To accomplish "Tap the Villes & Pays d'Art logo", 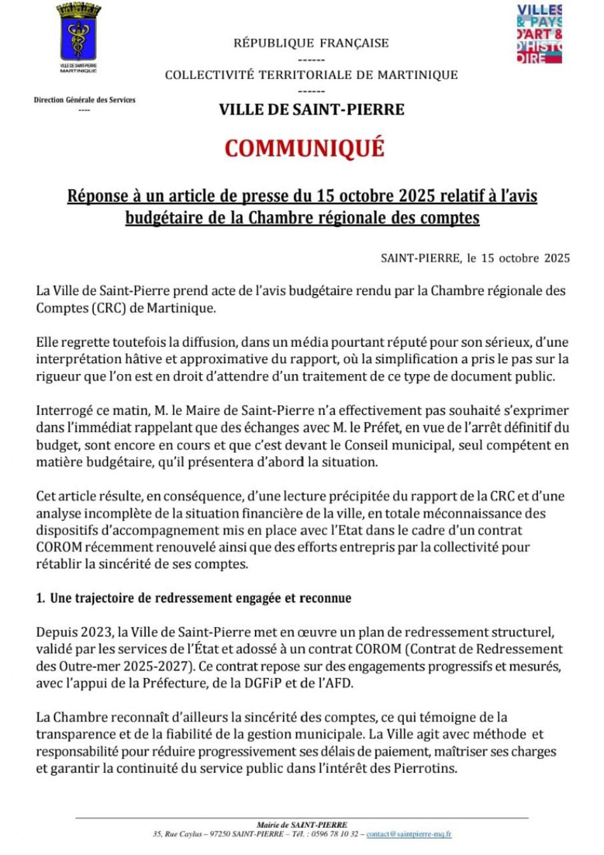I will pyautogui.click(x=539, y=34).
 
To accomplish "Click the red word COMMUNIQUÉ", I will pyautogui.click(x=304, y=148).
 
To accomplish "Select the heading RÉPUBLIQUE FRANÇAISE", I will pyautogui.click(x=311, y=43).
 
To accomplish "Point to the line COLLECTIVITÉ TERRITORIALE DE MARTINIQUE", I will pyautogui.click(x=311, y=75).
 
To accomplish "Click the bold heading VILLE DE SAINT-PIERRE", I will pyautogui.click(x=312, y=109).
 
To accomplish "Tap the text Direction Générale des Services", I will pyautogui.click(x=85, y=100).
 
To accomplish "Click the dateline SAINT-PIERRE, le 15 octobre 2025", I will pyautogui.click(x=475, y=258).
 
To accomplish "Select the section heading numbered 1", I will pyautogui.click(x=194, y=598).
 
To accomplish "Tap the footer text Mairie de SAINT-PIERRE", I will pyautogui.click(x=302, y=825).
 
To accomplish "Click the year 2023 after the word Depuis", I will pyautogui.click(x=95, y=632).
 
